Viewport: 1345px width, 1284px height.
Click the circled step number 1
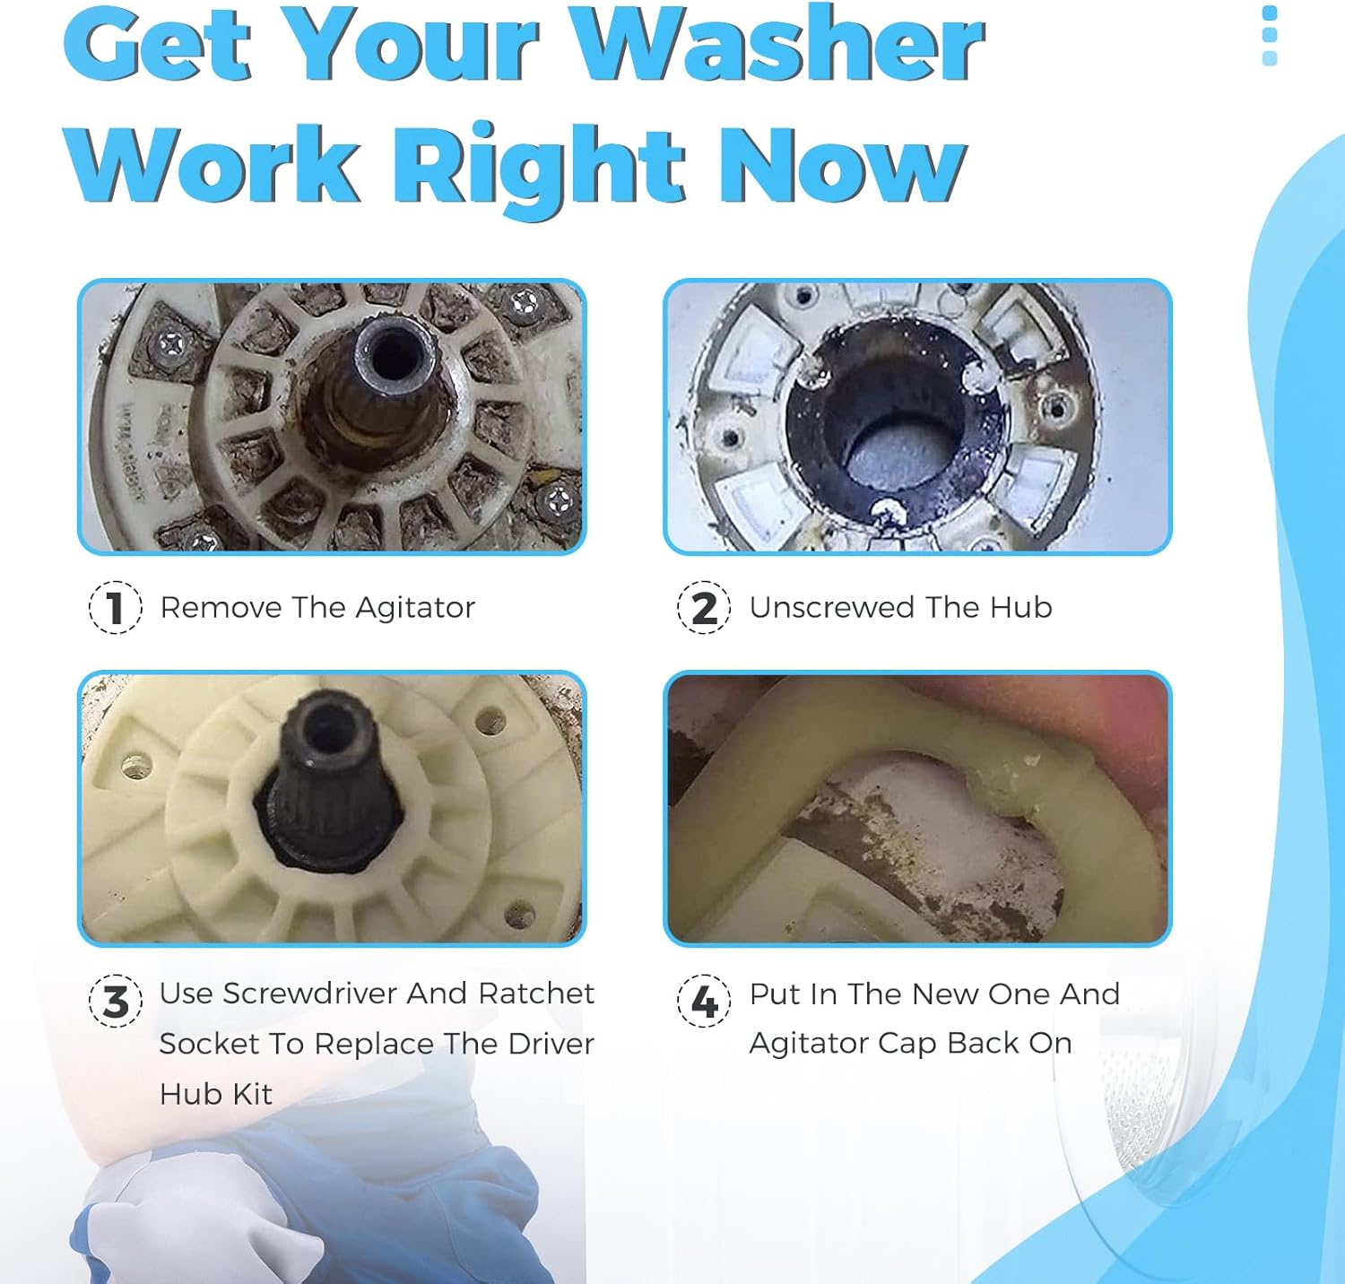(x=115, y=608)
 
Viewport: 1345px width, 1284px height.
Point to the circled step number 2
(x=704, y=608)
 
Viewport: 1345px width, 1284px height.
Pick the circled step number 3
(x=115, y=1001)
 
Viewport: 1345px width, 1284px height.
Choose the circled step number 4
(x=704, y=1001)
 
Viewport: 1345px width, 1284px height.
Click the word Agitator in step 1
(x=415, y=609)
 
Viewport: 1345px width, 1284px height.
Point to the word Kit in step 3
(x=253, y=1094)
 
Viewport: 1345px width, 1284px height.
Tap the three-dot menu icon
(x=1269, y=36)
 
